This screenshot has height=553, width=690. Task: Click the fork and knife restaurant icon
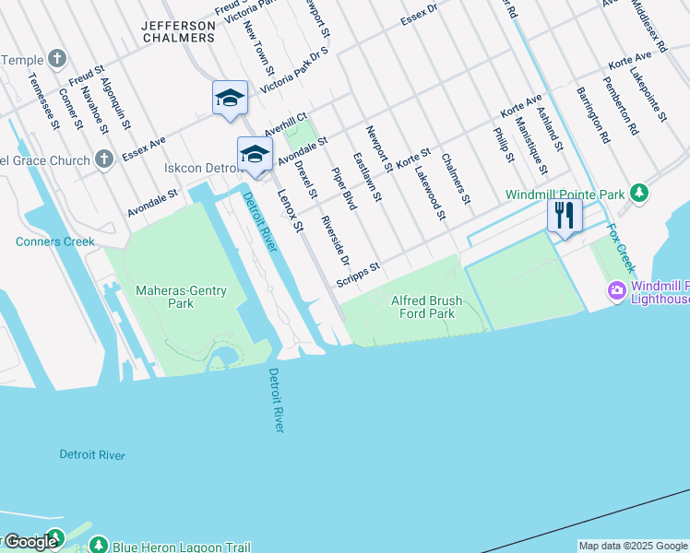point(565,216)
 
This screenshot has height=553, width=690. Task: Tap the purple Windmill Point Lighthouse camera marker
point(616,290)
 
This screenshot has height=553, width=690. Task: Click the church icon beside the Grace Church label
point(104,158)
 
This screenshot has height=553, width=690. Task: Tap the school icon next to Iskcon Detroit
point(255,154)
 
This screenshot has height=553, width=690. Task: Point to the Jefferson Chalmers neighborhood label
point(179,31)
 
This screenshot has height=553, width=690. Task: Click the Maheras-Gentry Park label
point(181,297)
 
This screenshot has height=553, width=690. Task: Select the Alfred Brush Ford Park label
point(425,307)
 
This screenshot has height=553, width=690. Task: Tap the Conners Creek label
point(55,242)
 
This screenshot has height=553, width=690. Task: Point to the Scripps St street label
point(358,275)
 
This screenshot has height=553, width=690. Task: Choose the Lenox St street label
point(290,210)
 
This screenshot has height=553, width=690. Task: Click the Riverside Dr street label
point(329,238)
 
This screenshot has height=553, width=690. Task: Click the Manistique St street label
point(531,147)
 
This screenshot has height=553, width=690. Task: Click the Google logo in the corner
point(30,542)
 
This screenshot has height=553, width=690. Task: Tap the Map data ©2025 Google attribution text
point(632,546)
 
